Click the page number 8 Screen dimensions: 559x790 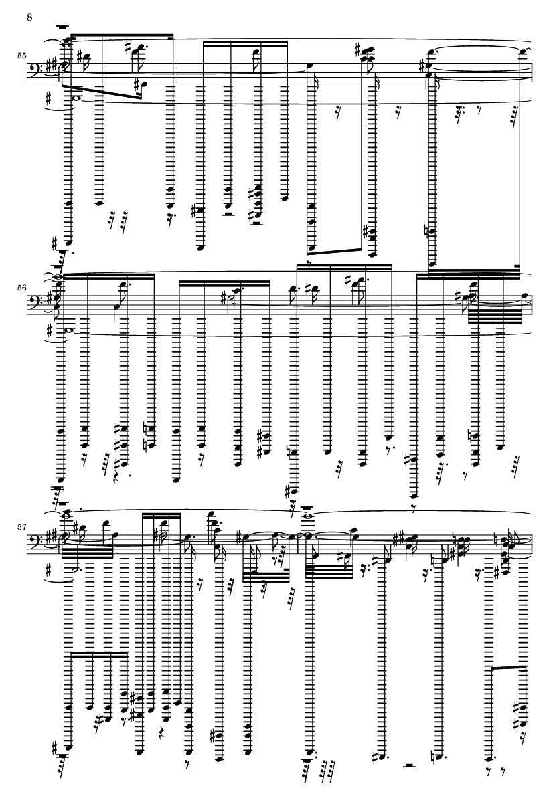coord(29,17)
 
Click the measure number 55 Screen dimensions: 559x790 coord(21,56)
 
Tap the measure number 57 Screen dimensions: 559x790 coord(21,527)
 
